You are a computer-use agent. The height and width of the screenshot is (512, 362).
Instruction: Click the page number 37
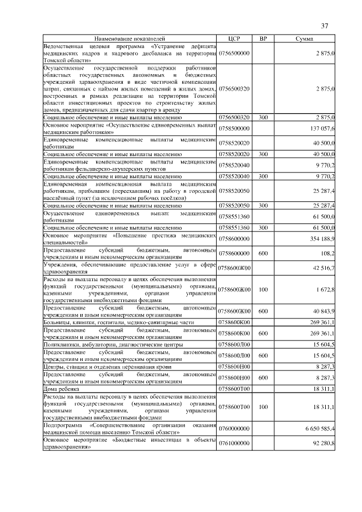click(325, 25)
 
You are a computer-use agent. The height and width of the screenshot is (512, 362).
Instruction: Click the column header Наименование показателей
click(131, 38)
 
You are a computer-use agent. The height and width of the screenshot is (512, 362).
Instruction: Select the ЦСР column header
click(234, 38)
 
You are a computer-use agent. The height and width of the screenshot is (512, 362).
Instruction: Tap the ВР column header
click(263, 38)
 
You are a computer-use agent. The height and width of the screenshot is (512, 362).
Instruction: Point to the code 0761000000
click(234, 443)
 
